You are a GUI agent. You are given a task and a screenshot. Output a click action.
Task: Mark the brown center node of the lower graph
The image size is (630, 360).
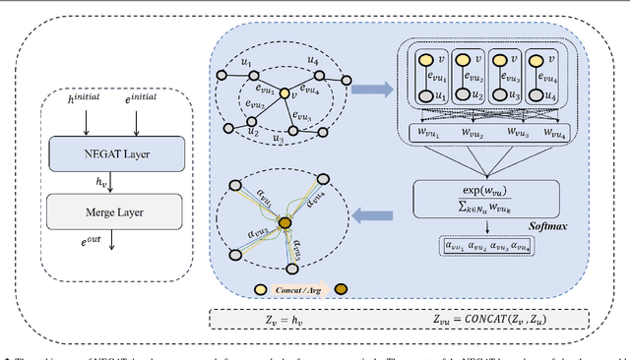(x=285, y=225)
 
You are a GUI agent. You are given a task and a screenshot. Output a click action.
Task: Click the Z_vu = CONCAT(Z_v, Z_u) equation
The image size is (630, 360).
(x=492, y=320)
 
